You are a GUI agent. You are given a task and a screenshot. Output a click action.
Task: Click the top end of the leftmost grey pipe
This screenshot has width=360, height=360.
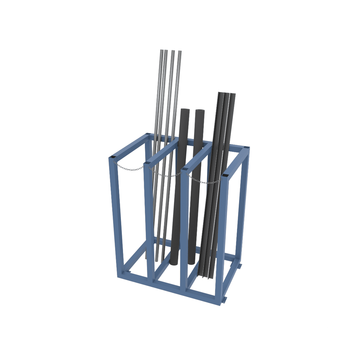point(162,51)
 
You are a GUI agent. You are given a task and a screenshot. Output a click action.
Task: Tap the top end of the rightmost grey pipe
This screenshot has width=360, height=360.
point(180,52)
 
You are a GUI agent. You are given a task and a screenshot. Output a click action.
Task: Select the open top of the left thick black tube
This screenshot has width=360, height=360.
point(185,110)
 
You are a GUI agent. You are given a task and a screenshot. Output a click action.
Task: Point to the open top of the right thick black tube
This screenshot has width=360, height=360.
point(200,111)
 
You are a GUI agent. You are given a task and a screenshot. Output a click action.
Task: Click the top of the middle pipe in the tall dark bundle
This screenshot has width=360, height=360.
point(227,94)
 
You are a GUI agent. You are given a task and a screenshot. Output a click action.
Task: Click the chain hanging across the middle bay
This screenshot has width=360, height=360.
point(165,174)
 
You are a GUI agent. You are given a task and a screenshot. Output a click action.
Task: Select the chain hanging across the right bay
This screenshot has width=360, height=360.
point(204,181)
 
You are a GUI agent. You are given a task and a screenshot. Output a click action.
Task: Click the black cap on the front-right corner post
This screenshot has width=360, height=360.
point(225,175)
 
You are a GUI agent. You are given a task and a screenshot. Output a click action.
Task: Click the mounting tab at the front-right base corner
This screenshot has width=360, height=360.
point(224,300)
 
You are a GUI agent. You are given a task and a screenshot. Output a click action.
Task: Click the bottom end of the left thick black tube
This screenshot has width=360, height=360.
point(174,263)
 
